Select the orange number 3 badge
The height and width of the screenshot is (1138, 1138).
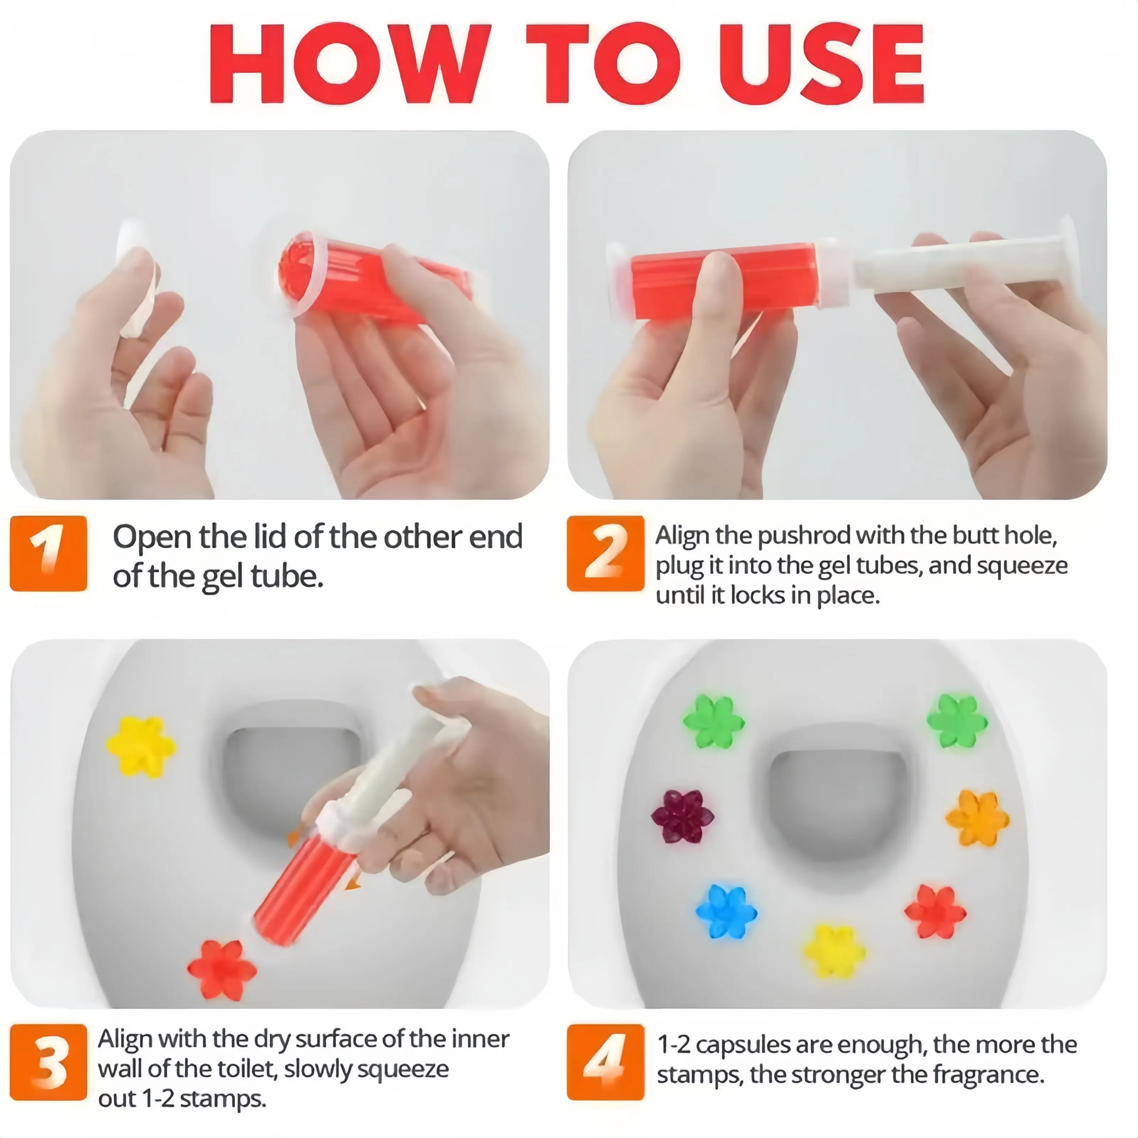tap(48, 1062)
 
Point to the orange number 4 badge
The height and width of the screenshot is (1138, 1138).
tap(606, 1062)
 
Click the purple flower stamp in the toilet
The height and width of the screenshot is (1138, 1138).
tap(682, 816)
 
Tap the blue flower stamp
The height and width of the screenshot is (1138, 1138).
tap(726, 911)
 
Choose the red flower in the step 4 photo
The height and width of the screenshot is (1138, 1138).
tap(935, 912)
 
